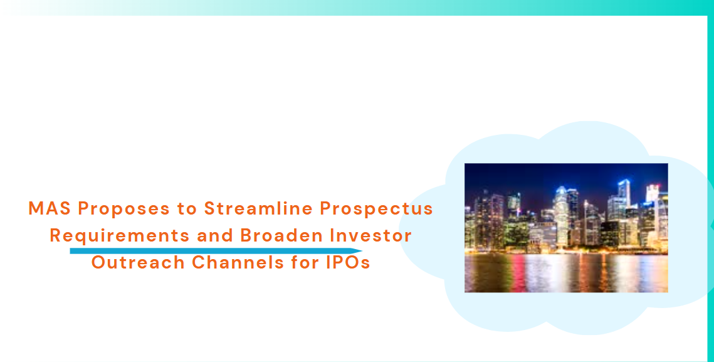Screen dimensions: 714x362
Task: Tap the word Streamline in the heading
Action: click(259, 208)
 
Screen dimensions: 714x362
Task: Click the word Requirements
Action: click(120, 236)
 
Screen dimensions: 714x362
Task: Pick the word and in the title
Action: click(216, 235)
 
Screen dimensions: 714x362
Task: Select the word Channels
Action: click(238, 262)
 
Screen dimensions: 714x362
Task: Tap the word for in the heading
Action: click(305, 262)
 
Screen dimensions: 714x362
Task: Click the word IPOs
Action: click(347, 262)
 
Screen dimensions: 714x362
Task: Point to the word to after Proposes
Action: click(187, 209)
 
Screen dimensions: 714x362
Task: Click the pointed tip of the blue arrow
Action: click(362, 251)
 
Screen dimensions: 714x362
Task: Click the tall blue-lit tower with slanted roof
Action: click(624, 194)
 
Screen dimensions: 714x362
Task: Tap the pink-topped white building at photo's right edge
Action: click(653, 201)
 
